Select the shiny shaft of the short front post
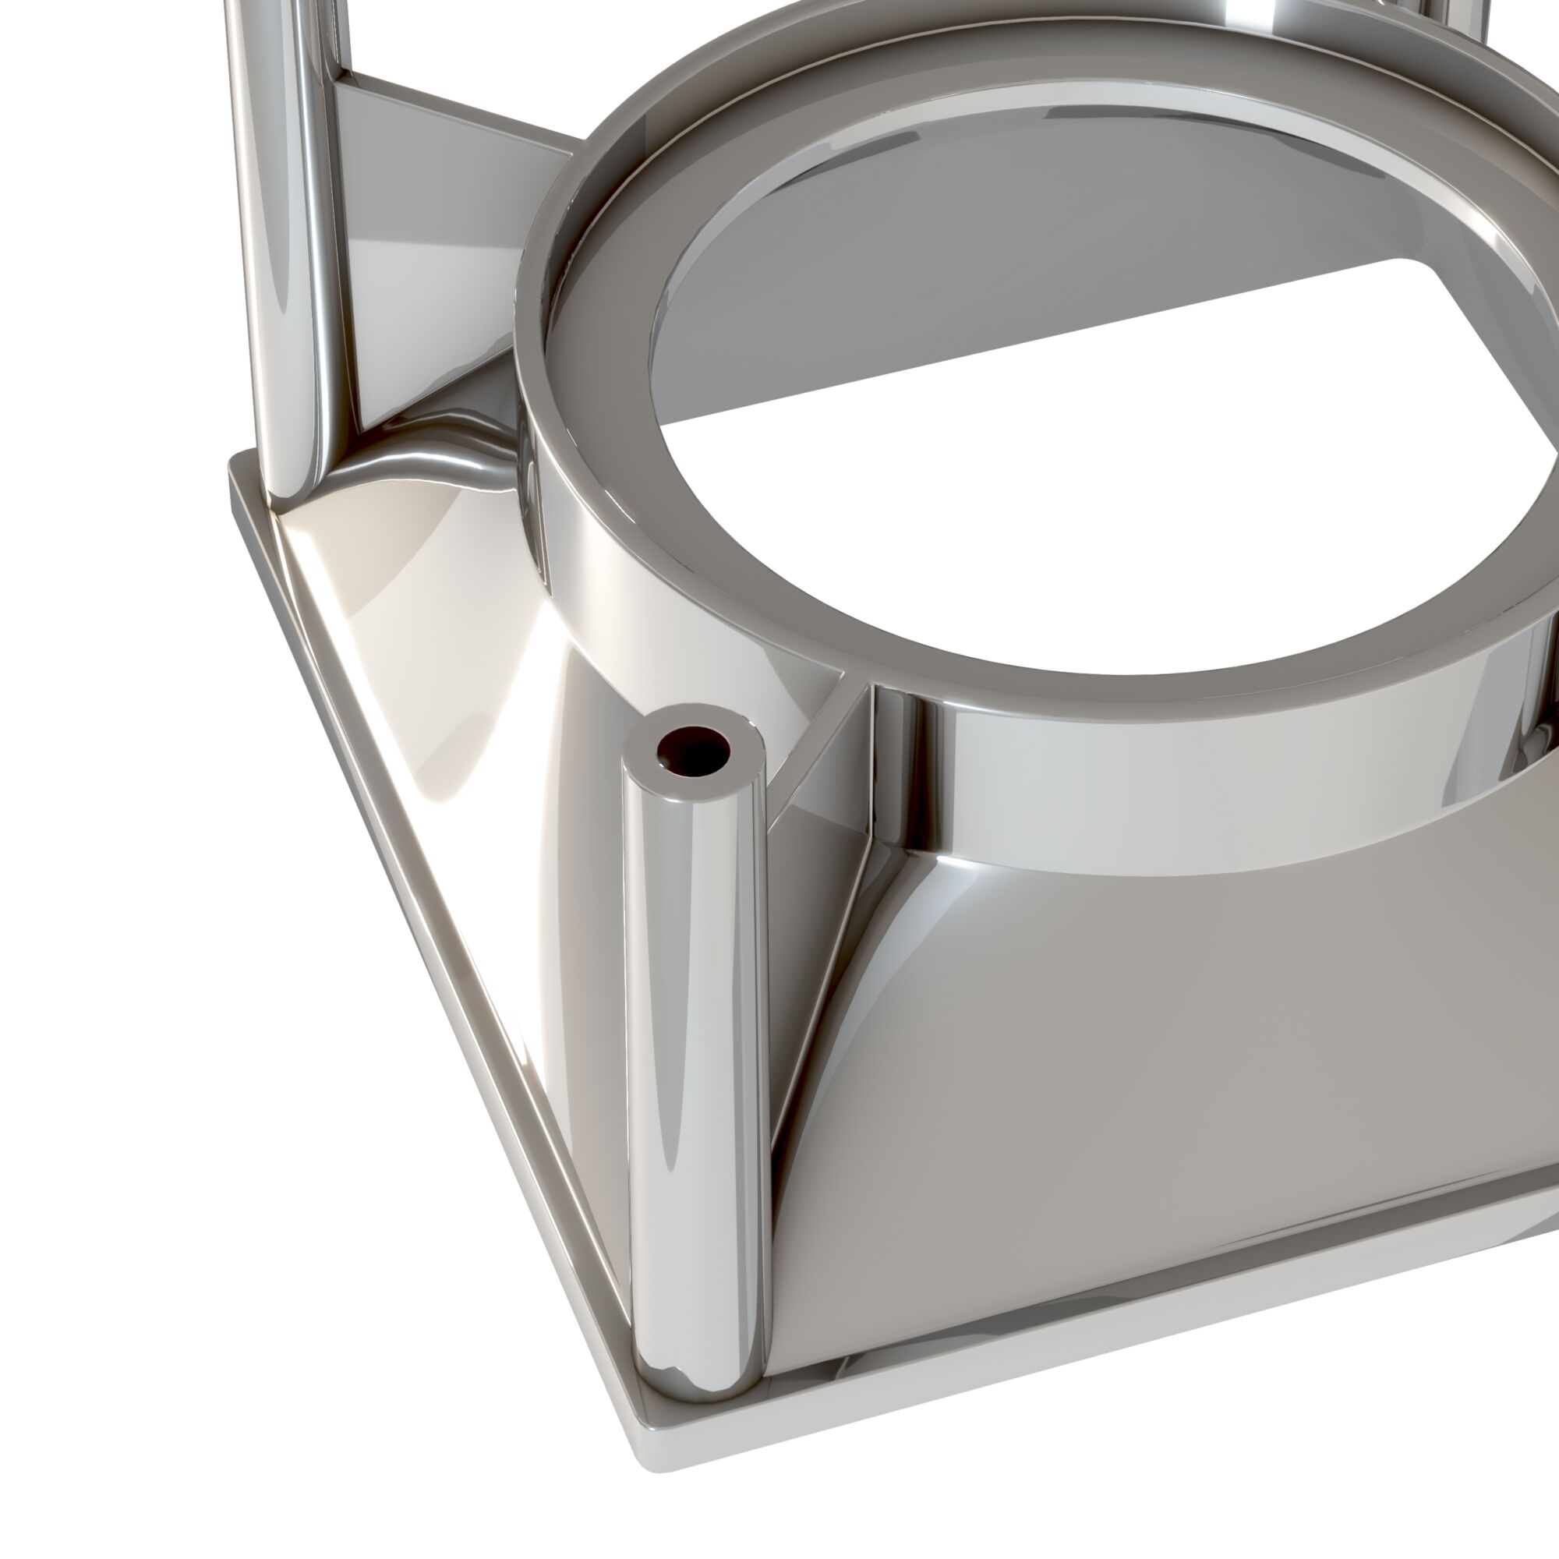pyautogui.click(x=695, y=1049)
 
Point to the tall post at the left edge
pyautogui.click(x=282, y=242)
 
